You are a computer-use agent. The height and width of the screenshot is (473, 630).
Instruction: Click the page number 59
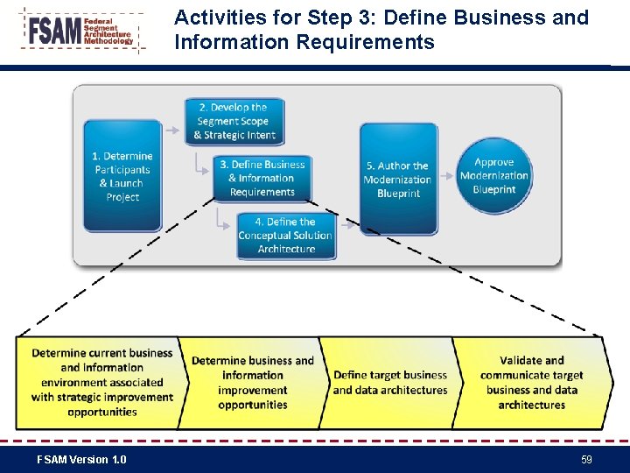(x=586, y=459)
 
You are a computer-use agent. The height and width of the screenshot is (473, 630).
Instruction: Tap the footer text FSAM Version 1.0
(x=81, y=459)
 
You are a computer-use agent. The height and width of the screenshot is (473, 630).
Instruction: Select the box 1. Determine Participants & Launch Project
(x=122, y=176)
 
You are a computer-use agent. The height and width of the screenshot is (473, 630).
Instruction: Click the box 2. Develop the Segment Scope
(x=234, y=121)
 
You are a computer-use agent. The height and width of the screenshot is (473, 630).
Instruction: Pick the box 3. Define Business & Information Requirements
(x=262, y=178)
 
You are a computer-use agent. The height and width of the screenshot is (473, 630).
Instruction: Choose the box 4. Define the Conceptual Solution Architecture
(x=285, y=236)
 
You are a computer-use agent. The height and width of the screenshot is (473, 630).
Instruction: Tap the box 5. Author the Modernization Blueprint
(x=398, y=179)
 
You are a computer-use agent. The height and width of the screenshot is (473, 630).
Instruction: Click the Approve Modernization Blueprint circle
(x=494, y=175)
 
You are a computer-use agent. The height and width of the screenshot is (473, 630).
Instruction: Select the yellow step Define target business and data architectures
(x=389, y=383)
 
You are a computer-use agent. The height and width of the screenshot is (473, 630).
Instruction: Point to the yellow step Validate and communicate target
(x=532, y=383)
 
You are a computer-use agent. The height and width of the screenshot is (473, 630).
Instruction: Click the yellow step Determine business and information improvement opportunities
(x=252, y=383)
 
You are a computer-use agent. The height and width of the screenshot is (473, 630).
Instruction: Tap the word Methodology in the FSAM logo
(x=108, y=41)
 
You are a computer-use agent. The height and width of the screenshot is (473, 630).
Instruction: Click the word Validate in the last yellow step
(x=531, y=360)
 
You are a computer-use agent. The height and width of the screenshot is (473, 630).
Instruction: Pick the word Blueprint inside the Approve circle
(x=494, y=189)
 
